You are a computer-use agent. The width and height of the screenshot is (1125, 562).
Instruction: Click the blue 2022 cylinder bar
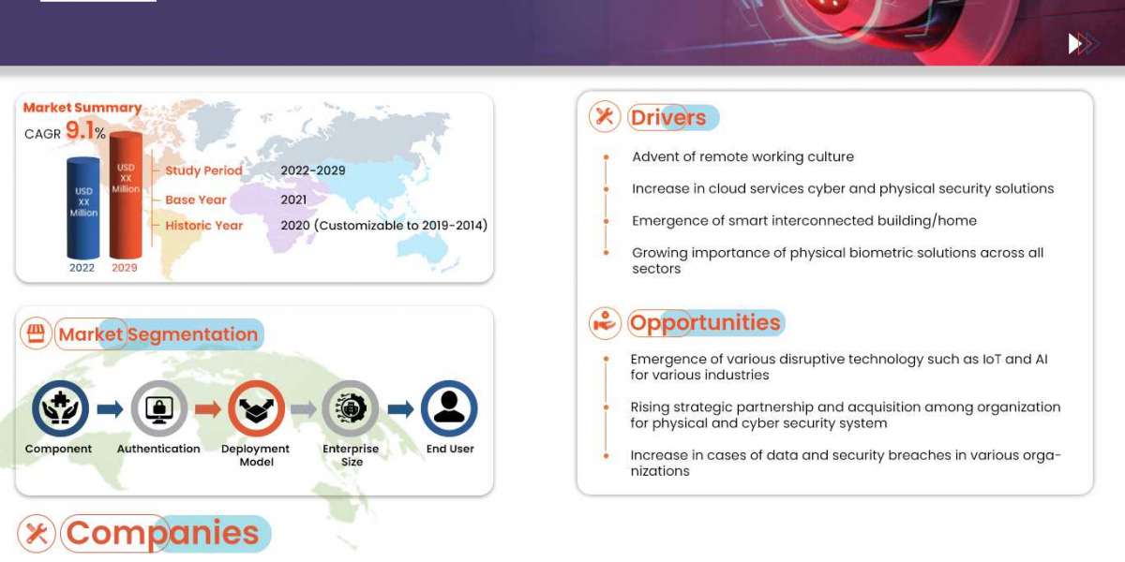pos(82,208)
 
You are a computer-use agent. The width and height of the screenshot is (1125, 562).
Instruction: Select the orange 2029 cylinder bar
pos(125,197)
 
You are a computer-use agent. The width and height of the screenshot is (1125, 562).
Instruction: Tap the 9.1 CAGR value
pos(80,131)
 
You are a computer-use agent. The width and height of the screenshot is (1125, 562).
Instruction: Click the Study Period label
pos(203,170)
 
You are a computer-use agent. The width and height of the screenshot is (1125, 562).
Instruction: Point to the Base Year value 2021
pos(293,200)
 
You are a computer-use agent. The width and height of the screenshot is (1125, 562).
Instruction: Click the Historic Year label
pos(203,226)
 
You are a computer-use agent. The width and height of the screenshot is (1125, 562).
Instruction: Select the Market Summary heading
pos(82,108)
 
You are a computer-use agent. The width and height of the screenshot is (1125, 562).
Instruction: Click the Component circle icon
pos(60,408)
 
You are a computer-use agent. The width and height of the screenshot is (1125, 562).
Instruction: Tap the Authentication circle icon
pos(158,408)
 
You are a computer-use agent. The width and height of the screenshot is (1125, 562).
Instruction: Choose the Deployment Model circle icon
pos(256,408)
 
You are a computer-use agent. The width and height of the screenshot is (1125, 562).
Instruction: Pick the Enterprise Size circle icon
pos(351,408)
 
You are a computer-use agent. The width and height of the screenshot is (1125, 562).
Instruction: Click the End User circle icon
pos(449,408)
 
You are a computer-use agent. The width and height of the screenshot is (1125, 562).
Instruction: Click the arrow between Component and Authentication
pos(110,408)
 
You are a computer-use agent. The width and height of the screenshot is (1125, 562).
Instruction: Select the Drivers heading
pos(667,117)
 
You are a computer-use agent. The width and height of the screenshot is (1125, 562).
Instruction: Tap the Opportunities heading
pos(705,323)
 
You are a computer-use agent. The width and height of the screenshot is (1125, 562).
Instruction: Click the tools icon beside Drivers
pos(605,116)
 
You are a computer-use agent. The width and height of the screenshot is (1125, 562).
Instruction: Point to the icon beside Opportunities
pos(605,323)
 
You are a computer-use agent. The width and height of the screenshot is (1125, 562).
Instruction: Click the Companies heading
pos(162,533)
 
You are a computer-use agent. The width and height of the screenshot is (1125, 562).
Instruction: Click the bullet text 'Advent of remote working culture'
pos(742,156)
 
